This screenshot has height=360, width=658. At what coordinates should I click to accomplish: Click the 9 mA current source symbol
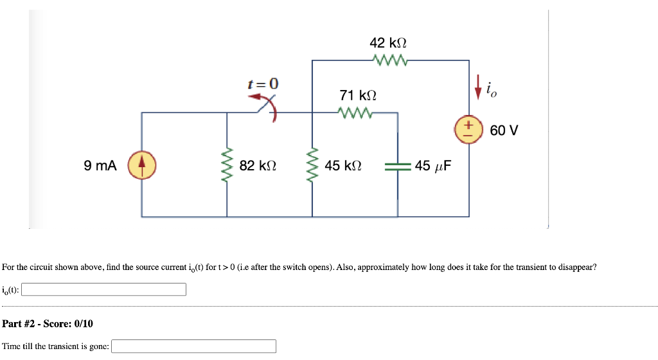(x=141, y=165)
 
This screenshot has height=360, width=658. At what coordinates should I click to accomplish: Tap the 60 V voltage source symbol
(x=469, y=129)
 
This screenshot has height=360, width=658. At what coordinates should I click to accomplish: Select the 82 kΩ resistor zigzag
(x=226, y=165)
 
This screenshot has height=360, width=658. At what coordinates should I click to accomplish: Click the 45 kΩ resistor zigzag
(x=312, y=165)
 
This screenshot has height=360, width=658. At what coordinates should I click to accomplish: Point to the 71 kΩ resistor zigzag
(x=354, y=113)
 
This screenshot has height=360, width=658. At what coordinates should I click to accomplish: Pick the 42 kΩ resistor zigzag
(x=389, y=60)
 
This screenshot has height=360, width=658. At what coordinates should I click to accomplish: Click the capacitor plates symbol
(x=398, y=166)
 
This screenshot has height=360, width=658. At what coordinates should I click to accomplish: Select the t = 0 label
(x=263, y=84)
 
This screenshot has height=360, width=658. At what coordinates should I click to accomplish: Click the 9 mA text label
(x=100, y=166)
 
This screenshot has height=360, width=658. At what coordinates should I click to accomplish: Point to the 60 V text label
(x=504, y=130)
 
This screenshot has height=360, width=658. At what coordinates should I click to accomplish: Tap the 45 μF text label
(x=432, y=166)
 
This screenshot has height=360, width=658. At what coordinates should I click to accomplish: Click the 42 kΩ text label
(x=388, y=43)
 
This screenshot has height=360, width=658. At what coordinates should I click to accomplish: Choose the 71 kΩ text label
(x=358, y=95)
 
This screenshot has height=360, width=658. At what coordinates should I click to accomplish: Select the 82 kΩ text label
(x=258, y=166)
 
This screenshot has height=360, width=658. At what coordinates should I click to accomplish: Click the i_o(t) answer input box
(x=104, y=290)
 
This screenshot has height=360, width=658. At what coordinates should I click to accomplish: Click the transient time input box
(x=194, y=346)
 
